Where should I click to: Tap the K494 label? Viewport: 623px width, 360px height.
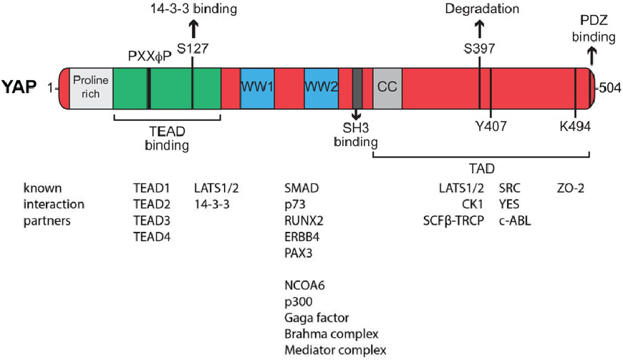point(576,127)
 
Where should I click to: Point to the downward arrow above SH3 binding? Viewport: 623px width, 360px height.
point(357,117)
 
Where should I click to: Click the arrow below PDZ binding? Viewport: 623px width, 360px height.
point(592,54)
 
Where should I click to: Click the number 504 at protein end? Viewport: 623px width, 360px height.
point(609,89)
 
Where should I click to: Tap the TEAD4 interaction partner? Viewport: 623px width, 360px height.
point(151,237)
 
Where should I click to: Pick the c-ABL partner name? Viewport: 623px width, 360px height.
point(514,220)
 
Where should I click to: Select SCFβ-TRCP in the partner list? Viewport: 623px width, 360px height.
point(454,220)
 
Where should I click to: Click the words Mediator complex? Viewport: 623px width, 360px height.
point(335,350)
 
